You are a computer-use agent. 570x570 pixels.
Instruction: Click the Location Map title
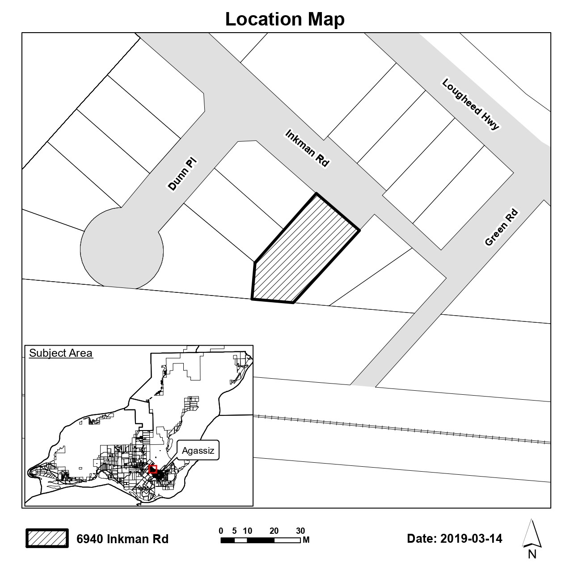(285, 19)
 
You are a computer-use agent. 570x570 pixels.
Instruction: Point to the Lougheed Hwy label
(470, 105)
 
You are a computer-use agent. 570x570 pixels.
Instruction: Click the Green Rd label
(501, 228)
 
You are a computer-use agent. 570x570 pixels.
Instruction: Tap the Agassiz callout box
(198, 451)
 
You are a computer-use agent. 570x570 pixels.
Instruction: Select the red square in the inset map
(153, 469)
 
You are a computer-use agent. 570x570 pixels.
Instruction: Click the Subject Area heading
(61, 353)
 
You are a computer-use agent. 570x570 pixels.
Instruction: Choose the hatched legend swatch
(47, 538)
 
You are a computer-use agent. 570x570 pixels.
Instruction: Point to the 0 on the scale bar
(221, 531)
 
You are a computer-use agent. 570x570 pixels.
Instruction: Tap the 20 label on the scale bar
(274, 531)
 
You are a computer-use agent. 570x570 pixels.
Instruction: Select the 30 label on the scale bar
(300, 531)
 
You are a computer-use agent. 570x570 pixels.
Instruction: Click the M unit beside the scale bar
(306, 540)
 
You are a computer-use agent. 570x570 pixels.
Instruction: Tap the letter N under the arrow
(532, 555)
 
